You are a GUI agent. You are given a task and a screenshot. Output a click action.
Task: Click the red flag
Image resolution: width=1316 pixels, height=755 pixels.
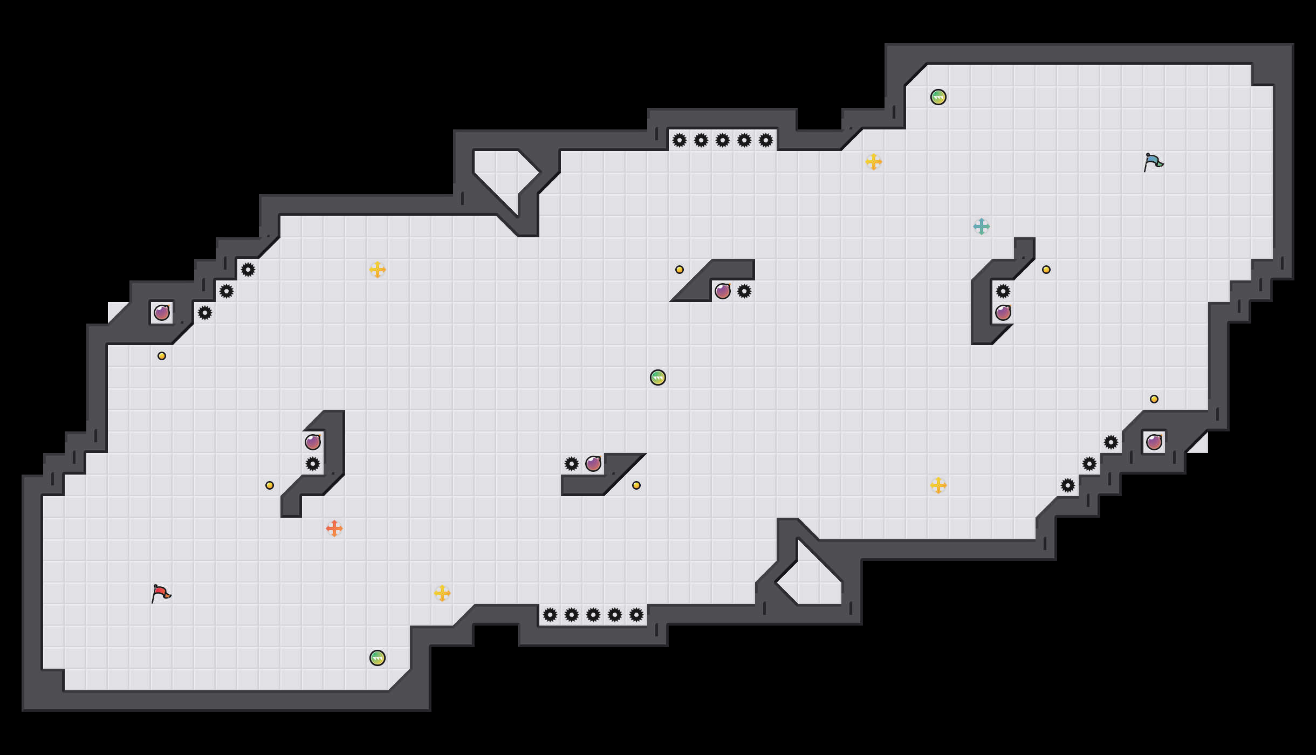point(161,593)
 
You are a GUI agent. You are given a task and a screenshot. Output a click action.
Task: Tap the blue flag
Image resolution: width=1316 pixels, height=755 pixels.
point(1153,162)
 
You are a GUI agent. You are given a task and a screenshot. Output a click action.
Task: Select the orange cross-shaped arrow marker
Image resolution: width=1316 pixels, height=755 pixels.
point(334,528)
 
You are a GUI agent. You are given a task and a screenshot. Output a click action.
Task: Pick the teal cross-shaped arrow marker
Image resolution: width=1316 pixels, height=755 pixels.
point(982,226)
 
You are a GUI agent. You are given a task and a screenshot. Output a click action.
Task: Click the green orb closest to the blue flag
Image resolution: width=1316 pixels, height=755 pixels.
point(938,97)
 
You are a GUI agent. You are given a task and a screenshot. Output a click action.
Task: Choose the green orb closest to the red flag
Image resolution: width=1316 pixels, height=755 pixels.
point(378,658)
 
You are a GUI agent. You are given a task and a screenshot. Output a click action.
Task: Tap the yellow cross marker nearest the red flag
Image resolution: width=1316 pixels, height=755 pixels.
point(442,593)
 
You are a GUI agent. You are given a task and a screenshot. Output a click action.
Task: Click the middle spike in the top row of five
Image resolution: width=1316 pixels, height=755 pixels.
point(723,140)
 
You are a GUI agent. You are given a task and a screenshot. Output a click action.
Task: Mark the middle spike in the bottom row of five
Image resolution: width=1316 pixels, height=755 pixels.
point(593,615)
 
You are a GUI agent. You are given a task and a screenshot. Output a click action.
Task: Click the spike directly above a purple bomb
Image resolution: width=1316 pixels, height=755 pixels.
point(1003,291)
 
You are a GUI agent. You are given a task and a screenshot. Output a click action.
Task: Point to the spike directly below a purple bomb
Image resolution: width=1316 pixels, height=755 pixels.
point(313,464)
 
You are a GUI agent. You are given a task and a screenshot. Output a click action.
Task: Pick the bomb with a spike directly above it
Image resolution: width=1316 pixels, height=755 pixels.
point(1003,313)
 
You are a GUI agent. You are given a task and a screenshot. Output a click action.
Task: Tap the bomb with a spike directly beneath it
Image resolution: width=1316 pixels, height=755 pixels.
point(313,442)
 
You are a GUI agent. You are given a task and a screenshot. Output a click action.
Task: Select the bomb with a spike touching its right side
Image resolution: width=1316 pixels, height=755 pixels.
point(723,291)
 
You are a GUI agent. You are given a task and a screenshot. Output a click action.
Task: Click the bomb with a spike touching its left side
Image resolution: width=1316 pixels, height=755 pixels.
point(593,464)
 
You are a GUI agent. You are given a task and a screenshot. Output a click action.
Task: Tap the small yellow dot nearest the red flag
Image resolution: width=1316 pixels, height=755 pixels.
point(270,485)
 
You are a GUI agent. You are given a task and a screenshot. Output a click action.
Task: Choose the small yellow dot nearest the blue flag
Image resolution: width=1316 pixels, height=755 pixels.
point(1046,270)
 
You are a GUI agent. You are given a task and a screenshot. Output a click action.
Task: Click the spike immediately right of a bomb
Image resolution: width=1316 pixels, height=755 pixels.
point(744,291)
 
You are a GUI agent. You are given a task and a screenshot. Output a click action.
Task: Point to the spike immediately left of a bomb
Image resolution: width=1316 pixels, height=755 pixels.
point(572,464)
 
